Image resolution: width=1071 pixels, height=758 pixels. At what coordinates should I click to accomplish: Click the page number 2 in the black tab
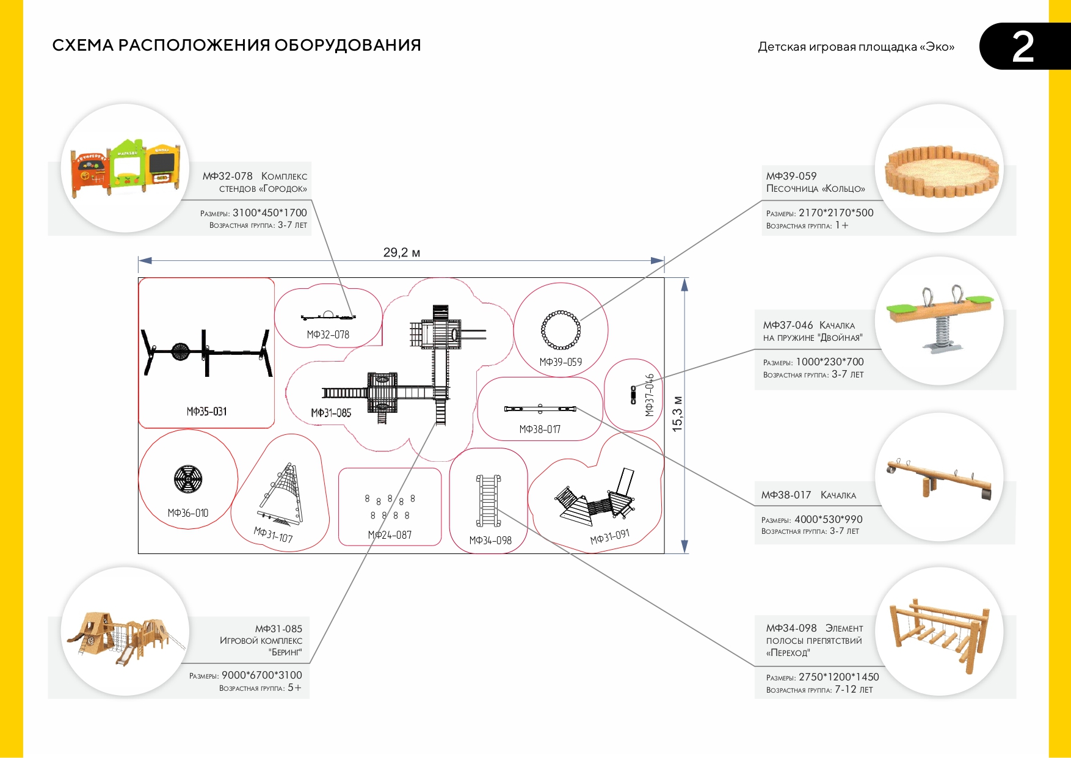point(1023,47)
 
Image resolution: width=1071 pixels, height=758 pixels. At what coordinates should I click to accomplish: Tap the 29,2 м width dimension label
point(401,252)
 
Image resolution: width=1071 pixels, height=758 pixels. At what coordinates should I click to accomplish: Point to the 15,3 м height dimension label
point(677,414)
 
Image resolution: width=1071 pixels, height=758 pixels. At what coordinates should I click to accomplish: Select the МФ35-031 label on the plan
point(206,412)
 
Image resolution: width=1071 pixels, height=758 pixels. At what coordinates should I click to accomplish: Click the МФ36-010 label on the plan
point(188,513)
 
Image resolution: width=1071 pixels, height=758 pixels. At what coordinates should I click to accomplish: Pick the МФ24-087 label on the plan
point(390,535)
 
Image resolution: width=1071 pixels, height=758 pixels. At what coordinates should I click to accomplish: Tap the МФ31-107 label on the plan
point(273,535)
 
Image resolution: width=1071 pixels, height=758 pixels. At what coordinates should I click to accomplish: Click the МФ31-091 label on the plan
point(609,537)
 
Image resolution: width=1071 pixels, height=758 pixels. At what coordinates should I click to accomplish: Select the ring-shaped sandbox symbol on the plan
point(561,330)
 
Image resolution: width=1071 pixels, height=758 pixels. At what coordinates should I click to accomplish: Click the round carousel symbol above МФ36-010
point(188,479)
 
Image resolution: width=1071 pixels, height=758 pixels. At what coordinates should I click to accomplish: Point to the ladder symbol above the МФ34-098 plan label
point(488,501)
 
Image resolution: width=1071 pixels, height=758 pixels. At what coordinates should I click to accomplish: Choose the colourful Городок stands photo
point(126,167)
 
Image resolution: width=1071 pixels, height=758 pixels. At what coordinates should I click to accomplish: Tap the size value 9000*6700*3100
point(261,675)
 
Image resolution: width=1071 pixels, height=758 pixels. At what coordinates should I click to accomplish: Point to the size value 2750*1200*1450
point(838,677)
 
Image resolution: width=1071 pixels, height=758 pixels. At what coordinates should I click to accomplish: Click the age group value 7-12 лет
point(854,690)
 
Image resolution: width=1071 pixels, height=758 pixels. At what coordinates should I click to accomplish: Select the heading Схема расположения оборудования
point(236,45)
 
